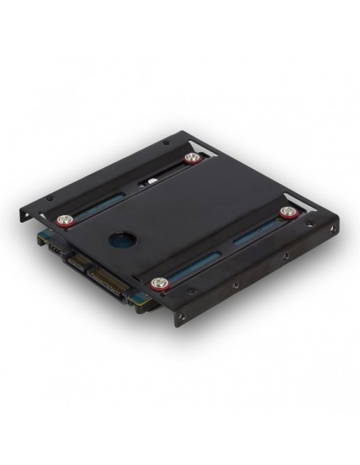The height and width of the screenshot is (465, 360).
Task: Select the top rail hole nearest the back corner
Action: coord(165,144)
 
